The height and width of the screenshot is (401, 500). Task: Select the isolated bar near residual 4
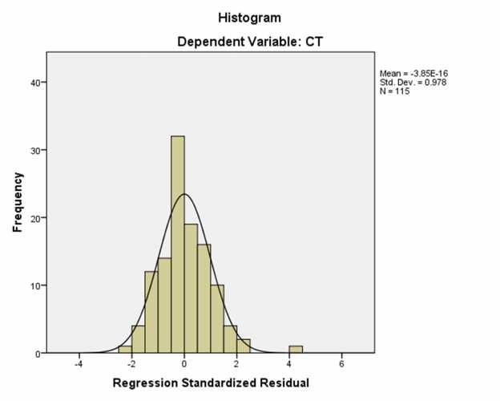[x=296, y=350]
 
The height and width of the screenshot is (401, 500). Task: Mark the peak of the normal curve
[x=184, y=194]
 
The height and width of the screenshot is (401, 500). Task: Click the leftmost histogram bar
[x=124, y=350]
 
